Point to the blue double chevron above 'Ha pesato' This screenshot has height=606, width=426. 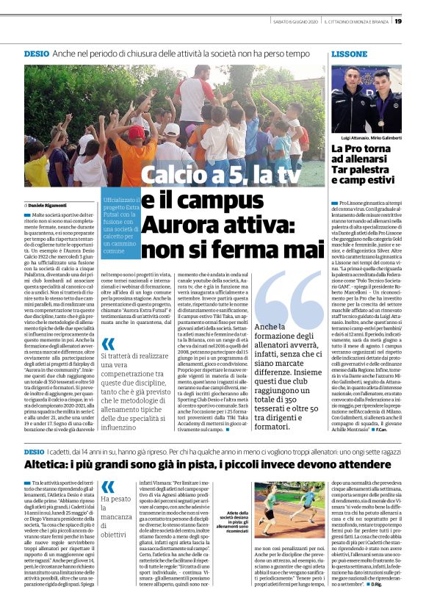[108, 486]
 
